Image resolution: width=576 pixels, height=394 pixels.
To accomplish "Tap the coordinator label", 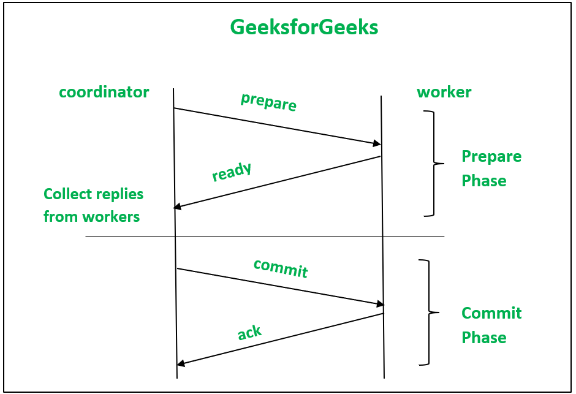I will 104,93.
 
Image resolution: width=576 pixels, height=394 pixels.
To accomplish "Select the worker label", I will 444,93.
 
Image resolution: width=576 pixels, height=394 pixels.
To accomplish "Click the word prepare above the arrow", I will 268,102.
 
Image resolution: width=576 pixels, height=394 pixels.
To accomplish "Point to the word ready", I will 232,172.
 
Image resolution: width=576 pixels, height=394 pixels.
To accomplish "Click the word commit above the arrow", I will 280,268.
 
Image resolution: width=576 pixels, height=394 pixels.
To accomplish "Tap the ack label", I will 249,333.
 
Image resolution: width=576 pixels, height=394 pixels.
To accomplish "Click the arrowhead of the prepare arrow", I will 377,144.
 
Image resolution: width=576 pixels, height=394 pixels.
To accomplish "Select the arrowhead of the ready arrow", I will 178,207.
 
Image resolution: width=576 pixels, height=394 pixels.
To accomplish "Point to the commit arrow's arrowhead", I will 381,304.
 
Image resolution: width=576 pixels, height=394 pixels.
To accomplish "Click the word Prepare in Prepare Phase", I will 491,156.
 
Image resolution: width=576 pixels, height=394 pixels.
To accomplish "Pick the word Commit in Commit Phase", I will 491,313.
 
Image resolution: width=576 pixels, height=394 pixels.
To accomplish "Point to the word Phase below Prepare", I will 483,181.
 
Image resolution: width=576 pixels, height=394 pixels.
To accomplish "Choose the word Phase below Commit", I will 483,338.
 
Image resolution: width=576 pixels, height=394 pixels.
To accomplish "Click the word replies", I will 118,194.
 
